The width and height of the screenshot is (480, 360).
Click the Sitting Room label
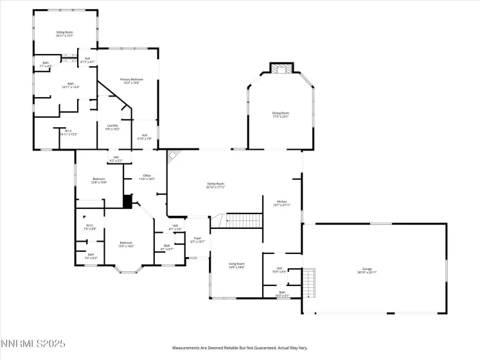click(x=65, y=33)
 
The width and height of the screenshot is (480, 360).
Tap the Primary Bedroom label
click(x=132, y=81)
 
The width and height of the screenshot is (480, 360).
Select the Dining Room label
click(x=281, y=114)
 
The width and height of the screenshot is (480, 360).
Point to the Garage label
click(x=376, y=271)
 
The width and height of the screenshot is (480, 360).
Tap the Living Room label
click(x=236, y=265)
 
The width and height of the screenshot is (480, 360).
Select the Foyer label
click(x=198, y=240)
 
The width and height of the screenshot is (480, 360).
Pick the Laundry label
click(x=112, y=127)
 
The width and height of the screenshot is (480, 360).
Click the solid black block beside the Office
click(x=127, y=203)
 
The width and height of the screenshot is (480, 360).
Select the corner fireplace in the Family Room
click(x=172, y=156)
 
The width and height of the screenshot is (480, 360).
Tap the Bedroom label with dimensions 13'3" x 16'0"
click(x=126, y=244)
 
